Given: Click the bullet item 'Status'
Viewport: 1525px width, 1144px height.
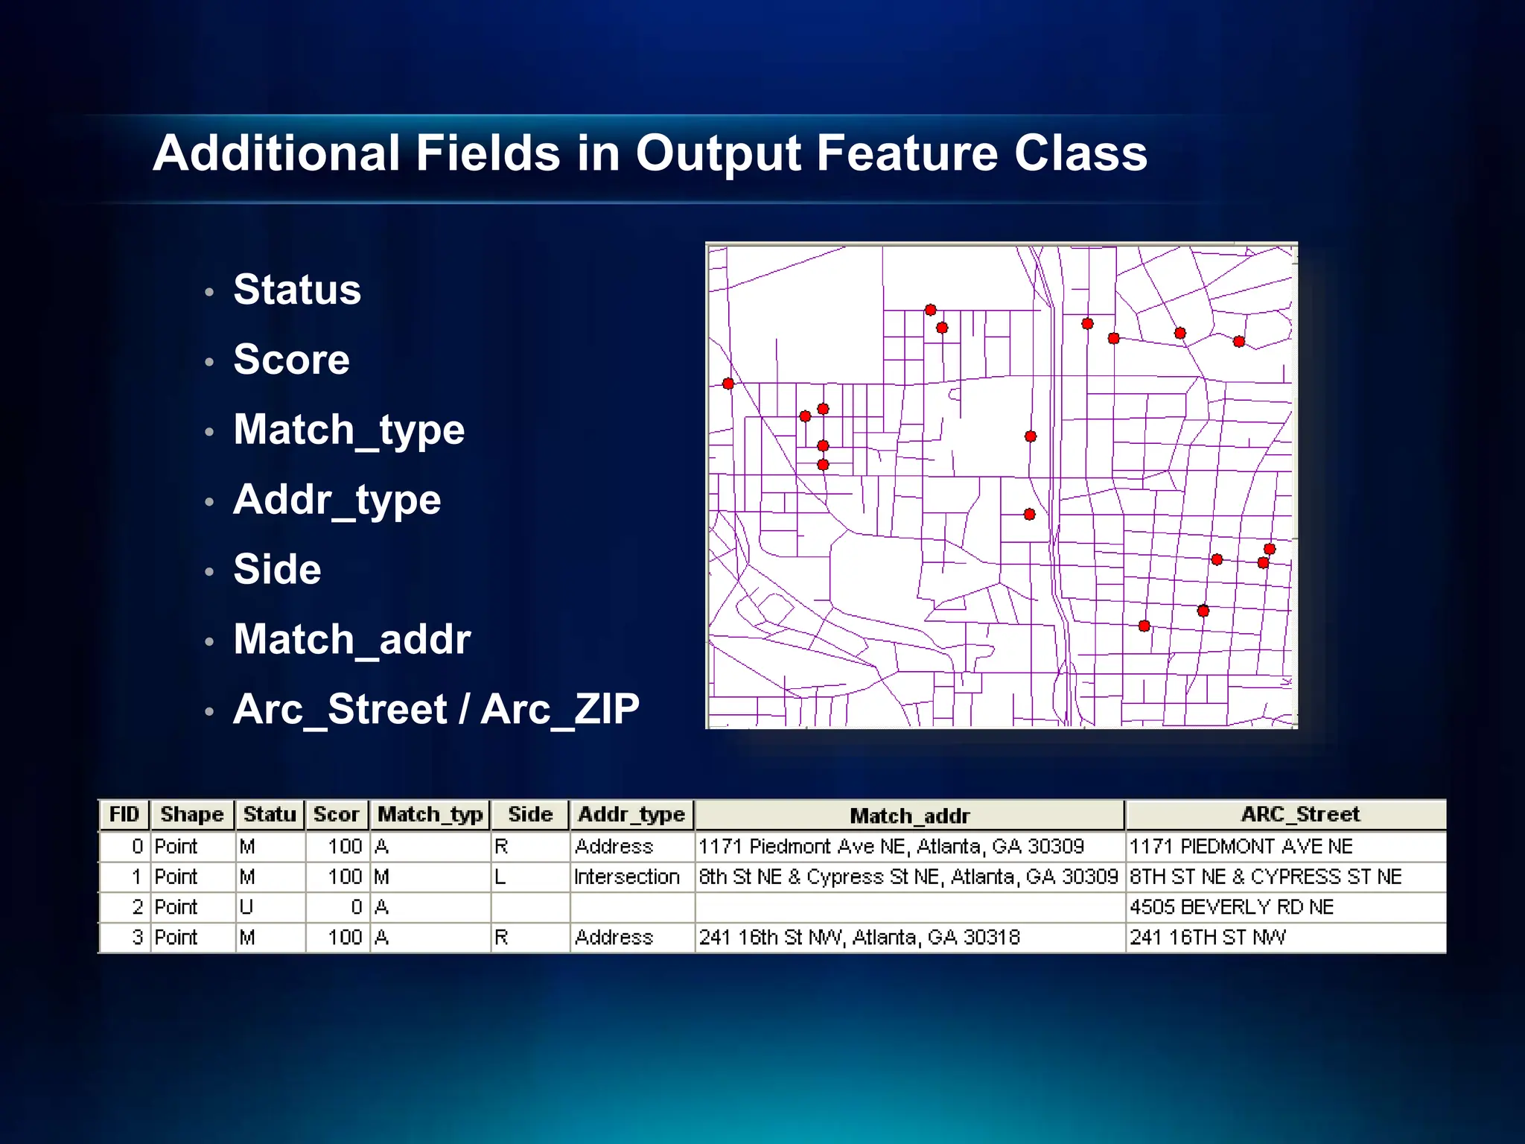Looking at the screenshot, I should [x=296, y=290].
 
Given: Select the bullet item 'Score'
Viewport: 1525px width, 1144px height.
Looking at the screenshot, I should [x=291, y=360].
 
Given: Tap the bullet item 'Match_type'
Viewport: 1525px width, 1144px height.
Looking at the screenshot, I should [x=348, y=430].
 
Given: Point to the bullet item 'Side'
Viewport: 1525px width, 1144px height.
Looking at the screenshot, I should [x=277, y=570].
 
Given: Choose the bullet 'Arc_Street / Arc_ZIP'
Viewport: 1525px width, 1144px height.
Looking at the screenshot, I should [x=436, y=709].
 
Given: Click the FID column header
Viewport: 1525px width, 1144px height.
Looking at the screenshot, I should [x=124, y=814].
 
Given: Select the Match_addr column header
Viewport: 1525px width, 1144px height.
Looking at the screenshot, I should [x=909, y=816].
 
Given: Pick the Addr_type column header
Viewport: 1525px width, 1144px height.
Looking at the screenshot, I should [x=631, y=814].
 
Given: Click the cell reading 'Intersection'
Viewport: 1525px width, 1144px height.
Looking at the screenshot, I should [x=626, y=877].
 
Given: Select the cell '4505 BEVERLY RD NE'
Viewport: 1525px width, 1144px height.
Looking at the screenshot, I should [x=1231, y=907].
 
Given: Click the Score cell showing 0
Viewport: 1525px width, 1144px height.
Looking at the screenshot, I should [x=356, y=907].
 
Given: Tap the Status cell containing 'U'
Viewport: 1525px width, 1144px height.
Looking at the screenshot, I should [x=246, y=907].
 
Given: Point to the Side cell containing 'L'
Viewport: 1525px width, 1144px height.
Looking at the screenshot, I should [x=500, y=877].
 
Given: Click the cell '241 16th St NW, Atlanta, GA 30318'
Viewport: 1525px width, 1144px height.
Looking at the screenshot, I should [x=859, y=937].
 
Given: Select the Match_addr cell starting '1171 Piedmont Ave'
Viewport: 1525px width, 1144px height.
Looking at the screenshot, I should [x=891, y=846].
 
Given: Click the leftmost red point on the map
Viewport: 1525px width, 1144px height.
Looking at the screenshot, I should [x=728, y=384].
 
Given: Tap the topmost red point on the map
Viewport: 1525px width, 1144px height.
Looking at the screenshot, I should [x=930, y=310].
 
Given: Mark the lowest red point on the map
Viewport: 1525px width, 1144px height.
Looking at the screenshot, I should [x=1144, y=626].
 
